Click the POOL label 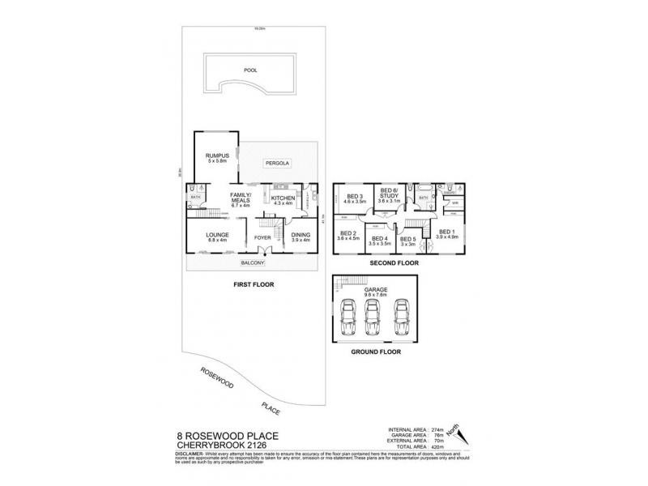(249, 70)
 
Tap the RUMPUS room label (215, 155)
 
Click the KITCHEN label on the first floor (283, 198)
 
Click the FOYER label (263, 237)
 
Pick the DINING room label (300, 236)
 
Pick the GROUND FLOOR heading (375, 352)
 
